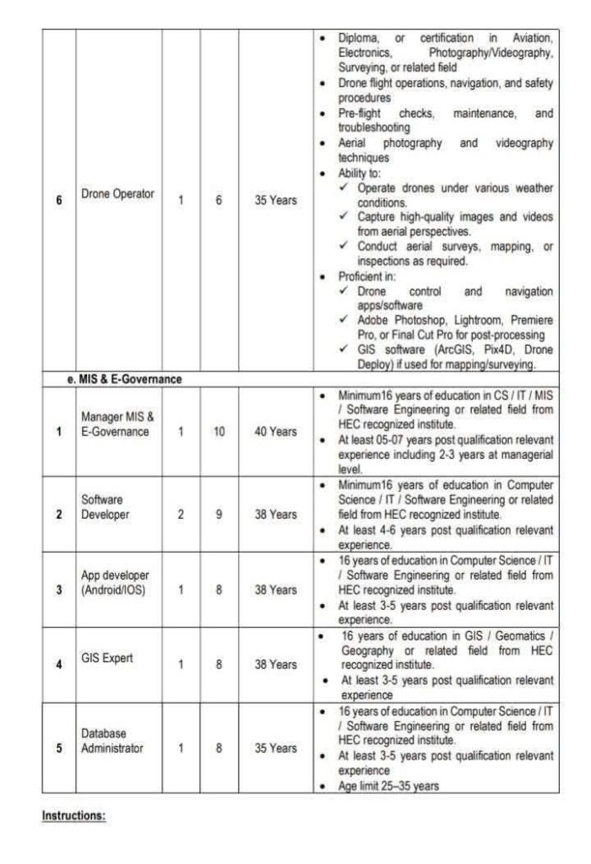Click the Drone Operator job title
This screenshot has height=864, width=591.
(117, 194)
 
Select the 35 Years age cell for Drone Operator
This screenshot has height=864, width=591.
(275, 202)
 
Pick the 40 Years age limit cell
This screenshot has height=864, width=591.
(275, 431)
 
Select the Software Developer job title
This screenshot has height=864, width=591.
(106, 506)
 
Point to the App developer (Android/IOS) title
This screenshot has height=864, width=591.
(113, 582)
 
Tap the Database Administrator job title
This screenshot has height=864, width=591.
(112, 740)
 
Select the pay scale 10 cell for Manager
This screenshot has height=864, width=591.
(219, 431)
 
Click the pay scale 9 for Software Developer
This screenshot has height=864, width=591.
(219, 514)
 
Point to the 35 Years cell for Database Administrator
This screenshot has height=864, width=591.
(275, 748)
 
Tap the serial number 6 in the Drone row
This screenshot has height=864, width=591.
(59, 202)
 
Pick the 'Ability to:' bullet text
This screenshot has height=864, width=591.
(359, 173)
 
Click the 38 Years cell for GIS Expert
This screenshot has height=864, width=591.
(275, 664)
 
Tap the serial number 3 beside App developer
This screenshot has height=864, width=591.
(59, 590)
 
